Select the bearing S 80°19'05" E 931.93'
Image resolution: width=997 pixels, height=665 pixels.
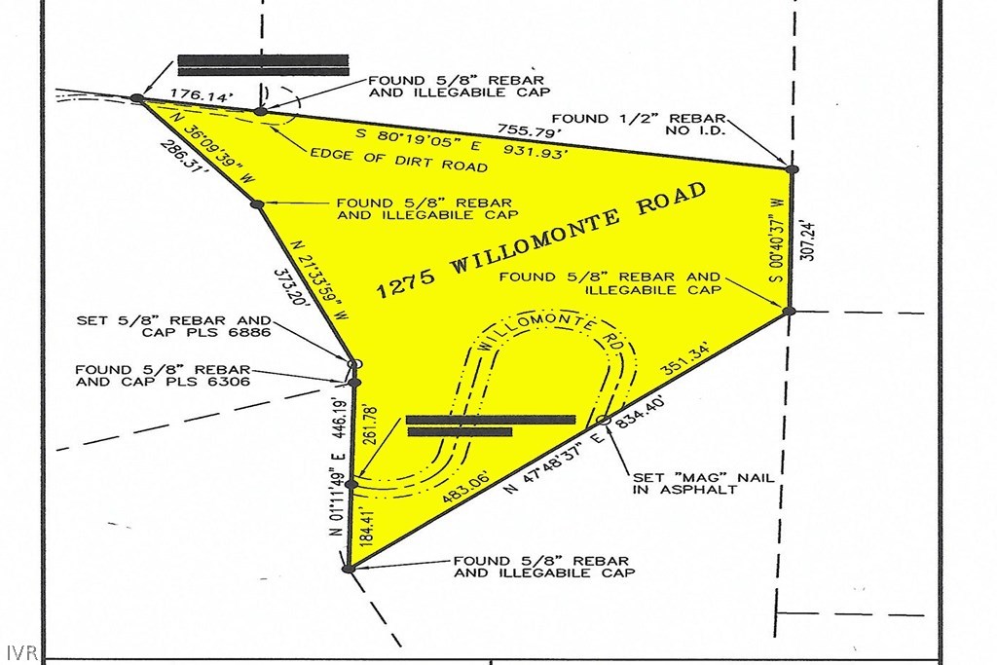point(461,143)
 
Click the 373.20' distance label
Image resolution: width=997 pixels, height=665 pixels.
point(292,288)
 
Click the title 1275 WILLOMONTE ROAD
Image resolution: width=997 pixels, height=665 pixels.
point(541,240)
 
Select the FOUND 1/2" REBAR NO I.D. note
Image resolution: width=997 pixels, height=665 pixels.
point(638,125)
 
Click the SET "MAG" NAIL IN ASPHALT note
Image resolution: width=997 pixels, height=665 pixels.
point(703,483)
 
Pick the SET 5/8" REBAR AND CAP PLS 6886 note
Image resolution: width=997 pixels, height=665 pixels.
point(173,326)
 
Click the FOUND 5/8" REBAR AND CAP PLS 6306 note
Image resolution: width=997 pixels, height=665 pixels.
point(163,376)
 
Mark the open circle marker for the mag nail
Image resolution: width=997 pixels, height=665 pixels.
point(604,420)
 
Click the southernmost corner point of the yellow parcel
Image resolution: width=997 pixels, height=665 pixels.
point(348,569)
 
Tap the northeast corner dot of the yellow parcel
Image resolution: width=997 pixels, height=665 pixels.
point(792,169)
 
